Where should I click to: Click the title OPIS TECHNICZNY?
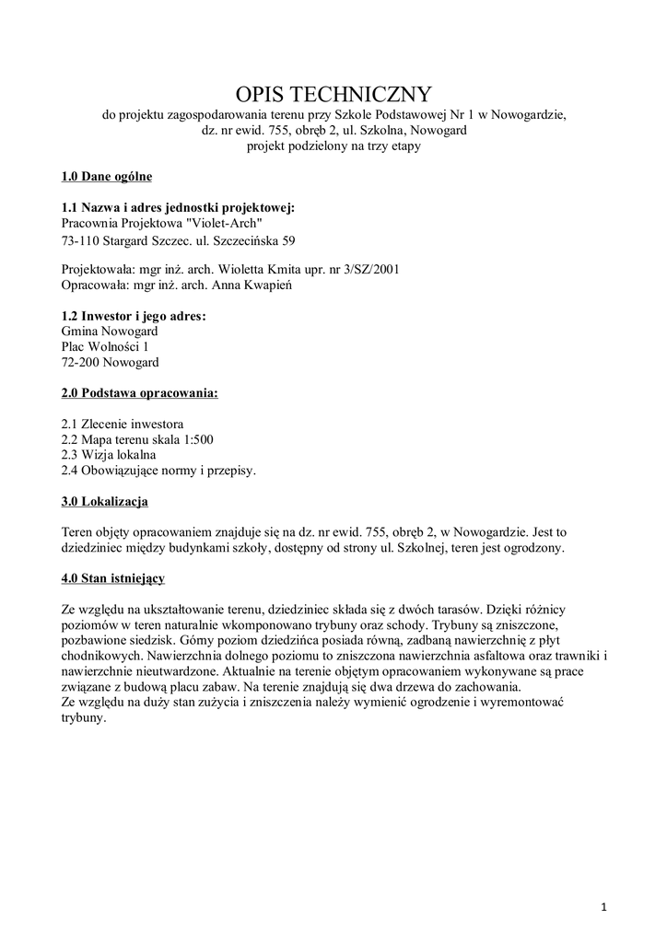point(333,94)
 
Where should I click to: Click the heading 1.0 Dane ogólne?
point(106,176)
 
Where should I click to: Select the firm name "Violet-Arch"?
point(225,223)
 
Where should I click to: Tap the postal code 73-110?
point(81,241)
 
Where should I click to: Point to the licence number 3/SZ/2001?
point(367,269)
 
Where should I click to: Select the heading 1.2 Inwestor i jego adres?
point(134,316)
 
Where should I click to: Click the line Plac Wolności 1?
point(104,346)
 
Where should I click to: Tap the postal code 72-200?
point(81,362)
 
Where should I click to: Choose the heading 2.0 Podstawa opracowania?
point(140,393)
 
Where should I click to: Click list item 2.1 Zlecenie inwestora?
point(122,425)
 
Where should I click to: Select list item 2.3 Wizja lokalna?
point(108,455)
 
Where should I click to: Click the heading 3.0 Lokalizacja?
point(104,502)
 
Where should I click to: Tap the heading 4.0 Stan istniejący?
point(113,579)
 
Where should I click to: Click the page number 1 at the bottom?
point(603,910)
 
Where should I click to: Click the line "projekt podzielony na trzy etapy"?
point(333,146)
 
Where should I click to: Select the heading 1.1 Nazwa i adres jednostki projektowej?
point(178,207)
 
